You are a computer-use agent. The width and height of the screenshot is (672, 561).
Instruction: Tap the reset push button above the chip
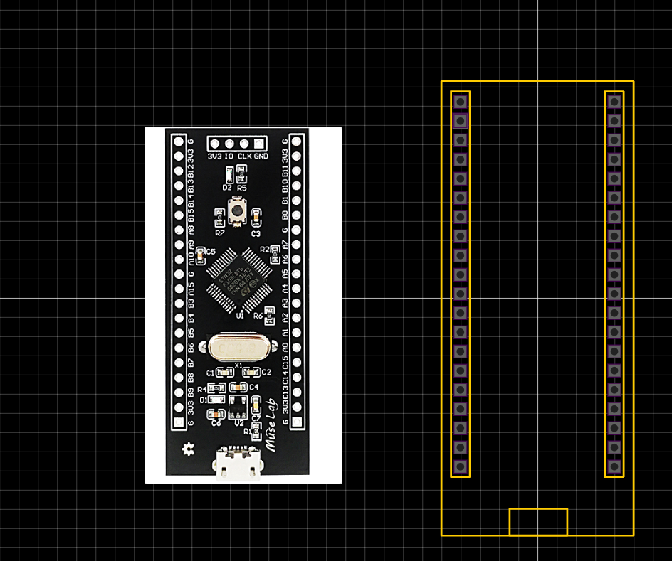point(236,210)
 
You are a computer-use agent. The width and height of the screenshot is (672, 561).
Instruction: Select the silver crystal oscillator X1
point(237,348)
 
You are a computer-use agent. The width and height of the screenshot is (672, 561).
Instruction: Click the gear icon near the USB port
point(189,449)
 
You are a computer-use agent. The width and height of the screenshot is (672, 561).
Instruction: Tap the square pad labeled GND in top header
point(260,144)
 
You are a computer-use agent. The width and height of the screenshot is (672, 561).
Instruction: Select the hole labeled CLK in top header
point(245,144)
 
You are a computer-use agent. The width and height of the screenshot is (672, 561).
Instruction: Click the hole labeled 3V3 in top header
point(214,144)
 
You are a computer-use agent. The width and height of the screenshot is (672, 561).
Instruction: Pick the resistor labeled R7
point(220,218)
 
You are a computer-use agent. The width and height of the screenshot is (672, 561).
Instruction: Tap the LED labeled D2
point(228,175)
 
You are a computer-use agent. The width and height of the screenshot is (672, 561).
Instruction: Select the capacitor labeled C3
point(256,218)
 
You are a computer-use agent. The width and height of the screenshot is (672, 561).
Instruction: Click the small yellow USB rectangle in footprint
point(538,522)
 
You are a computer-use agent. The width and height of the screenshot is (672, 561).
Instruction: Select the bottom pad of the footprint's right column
point(614,466)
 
